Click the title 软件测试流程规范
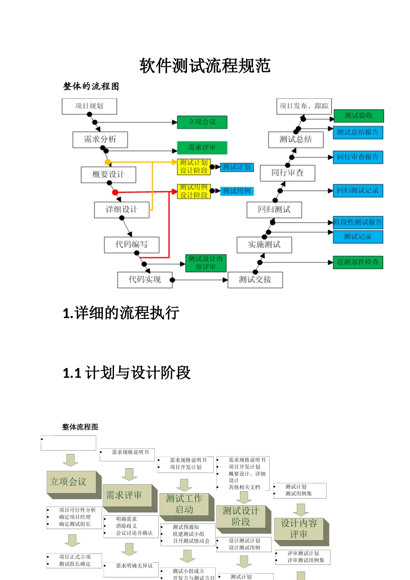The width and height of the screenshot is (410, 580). pos(205,66)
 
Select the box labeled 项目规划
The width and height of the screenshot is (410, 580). pos(89,106)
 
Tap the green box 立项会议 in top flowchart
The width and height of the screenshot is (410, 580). pos(202,122)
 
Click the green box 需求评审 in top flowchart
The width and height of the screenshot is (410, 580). pos(202,148)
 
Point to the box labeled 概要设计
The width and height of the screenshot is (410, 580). pos(108,174)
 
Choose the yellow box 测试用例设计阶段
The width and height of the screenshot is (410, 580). pos(194,191)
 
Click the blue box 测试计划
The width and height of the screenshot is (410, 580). pos(237,167)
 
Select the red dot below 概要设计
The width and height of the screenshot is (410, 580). pos(115,192)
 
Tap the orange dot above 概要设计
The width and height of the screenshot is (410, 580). pos(108,162)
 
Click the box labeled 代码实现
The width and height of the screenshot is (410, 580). pos(145,280)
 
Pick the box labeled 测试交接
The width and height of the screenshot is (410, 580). pos(255,280)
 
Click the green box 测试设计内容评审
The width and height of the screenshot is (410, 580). pos(205,263)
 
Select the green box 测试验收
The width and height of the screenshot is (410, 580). pos(358,116)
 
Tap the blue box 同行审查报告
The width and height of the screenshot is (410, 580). pos(358,157)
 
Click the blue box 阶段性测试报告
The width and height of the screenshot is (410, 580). pos(358,222)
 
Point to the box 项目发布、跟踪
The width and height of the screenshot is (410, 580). pos(304,106)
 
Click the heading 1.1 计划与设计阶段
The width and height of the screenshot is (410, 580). pos(127,373)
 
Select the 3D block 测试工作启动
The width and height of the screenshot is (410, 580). pos(184,504)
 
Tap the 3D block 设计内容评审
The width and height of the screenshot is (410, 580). pos(299,529)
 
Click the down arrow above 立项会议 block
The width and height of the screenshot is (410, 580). pos(70,460)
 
